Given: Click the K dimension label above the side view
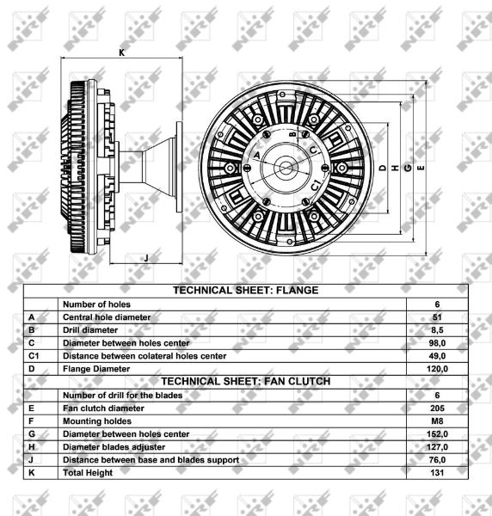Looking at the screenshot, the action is click(122, 52).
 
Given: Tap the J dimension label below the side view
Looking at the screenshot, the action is click(146, 258).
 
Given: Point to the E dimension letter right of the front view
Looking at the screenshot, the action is click(421, 168).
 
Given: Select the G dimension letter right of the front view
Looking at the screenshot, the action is click(408, 168).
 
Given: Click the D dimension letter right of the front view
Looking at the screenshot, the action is click(383, 168).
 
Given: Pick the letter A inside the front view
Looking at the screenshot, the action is click(257, 155).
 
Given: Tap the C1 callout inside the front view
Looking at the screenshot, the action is click(316, 185).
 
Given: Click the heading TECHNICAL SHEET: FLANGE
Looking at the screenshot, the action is click(246, 291).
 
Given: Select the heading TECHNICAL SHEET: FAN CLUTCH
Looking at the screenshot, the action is click(246, 381).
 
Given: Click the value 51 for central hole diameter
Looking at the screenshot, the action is click(437, 317).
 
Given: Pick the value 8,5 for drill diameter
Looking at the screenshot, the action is click(437, 330).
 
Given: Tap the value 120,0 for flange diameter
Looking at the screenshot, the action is click(437, 369).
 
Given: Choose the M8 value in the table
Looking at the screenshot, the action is click(437, 421).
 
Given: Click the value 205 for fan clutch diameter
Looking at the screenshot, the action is click(437, 408).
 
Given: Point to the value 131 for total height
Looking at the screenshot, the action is click(437, 472).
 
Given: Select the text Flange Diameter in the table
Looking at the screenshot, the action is click(96, 369).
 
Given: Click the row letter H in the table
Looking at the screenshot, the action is click(32, 447).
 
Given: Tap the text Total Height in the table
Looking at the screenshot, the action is click(88, 473).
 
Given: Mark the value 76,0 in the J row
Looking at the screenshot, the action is click(437, 460).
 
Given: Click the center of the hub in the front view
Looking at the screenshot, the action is click(286, 168).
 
